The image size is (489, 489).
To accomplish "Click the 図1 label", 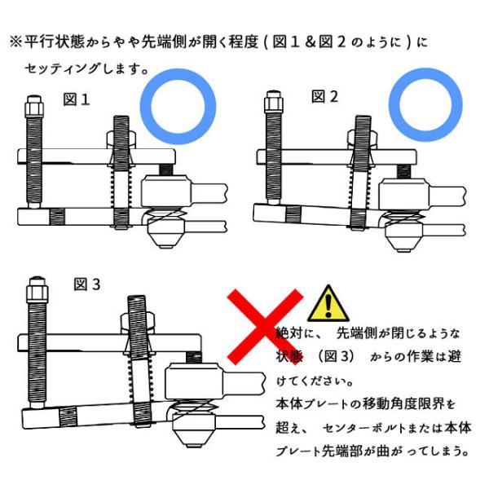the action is point(77,99).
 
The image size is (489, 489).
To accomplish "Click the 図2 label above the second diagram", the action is point(324,96).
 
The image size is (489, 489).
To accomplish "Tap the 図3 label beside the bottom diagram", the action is point(87,284).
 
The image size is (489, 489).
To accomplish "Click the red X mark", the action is point(265,326).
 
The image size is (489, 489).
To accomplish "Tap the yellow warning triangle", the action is point(328,304).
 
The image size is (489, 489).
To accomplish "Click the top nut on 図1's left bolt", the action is point(33,105).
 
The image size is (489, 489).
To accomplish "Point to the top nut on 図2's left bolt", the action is point(274,103).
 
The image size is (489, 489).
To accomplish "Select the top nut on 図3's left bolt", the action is point(38,289).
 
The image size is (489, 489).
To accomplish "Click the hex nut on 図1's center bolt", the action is point(121,139).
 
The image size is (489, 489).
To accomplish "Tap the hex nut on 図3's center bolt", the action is point(138,324).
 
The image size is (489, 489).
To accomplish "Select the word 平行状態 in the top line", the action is point(55,42).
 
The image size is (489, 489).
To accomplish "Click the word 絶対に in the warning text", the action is point(296,333).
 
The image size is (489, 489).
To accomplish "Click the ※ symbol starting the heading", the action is point(15,42).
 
